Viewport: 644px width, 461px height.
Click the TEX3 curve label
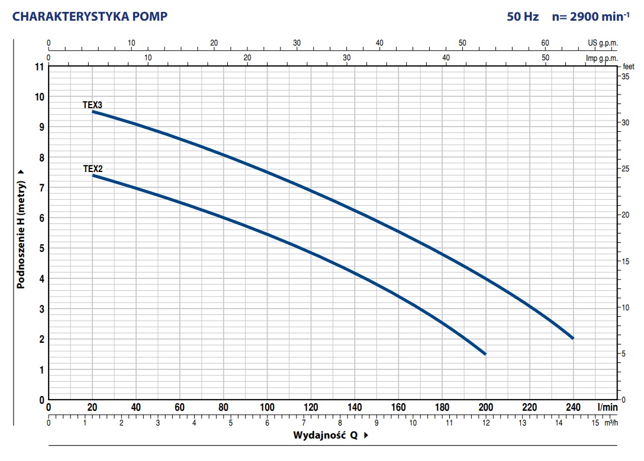click(x=92, y=105)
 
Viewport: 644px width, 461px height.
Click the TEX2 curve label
click(x=92, y=168)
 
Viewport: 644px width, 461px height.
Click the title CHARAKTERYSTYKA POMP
click(x=89, y=17)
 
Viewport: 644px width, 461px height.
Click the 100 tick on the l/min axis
click(x=267, y=407)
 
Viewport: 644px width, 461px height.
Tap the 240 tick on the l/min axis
click(x=573, y=407)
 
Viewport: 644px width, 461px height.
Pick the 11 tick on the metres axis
click(x=40, y=67)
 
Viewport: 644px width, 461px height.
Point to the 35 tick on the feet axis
click(x=624, y=77)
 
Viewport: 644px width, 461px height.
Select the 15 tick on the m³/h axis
click(x=595, y=423)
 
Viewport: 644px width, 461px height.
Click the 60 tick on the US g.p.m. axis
click(x=545, y=43)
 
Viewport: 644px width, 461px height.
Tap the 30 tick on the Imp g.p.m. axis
click(x=347, y=58)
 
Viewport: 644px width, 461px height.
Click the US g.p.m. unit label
click(x=603, y=43)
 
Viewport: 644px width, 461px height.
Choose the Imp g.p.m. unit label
click(x=601, y=58)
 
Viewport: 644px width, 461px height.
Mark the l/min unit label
click(x=607, y=407)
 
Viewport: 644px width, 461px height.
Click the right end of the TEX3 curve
click(x=572, y=337)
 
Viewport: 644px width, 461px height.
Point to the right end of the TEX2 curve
click(x=485, y=353)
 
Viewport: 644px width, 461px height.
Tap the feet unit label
click(x=629, y=67)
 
